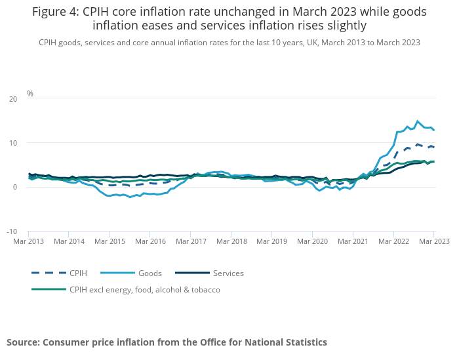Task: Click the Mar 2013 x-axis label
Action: [x=28, y=241]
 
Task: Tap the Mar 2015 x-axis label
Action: [x=109, y=241]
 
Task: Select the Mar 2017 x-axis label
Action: [x=190, y=241]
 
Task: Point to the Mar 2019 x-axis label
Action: [x=271, y=241]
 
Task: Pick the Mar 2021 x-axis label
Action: [x=353, y=241]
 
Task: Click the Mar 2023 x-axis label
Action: [x=433, y=241]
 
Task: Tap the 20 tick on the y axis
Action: [x=13, y=99]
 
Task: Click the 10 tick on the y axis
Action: [x=13, y=143]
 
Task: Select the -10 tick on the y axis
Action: [x=12, y=231]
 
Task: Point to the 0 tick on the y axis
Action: [x=15, y=188]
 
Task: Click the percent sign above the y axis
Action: [x=30, y=94]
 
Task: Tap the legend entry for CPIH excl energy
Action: [x=144, y=289]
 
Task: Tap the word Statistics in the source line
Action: [x=304, y=342]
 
